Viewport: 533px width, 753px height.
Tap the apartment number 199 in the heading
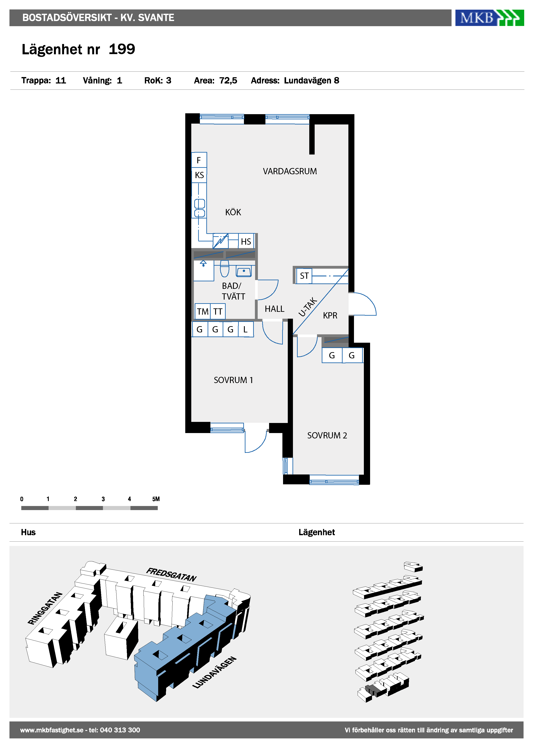point(122,49)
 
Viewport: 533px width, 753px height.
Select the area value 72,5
point(228,81)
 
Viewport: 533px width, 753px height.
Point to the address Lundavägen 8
point(311,81)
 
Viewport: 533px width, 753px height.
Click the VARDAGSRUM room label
point(290,171)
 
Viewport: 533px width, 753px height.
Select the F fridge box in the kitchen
point(199,160)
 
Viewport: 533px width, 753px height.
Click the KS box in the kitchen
point(199,175)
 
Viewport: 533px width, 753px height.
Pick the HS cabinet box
point(246,241)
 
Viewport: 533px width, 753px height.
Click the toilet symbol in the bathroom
point(225,269)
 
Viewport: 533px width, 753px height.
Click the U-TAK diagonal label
point(308,307)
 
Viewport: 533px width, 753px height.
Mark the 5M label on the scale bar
point(156,499)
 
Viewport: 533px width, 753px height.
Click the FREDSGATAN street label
point(172,575)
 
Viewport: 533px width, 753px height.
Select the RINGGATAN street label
point(45,608)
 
